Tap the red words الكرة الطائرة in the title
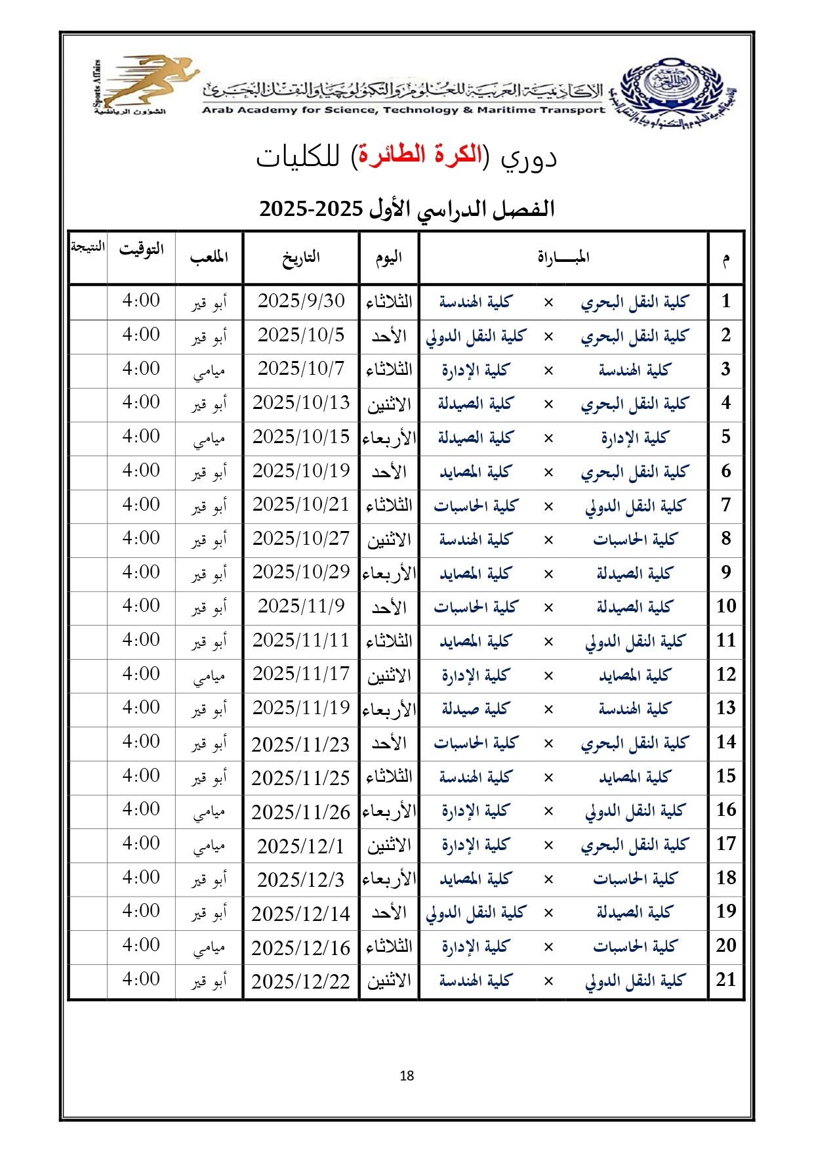click(417, 155)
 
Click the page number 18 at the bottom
click(407, 1075)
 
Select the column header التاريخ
click(300, 257)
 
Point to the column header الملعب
click(209, 257)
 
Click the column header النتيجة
click(88, 247)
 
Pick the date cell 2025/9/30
click(300, 301)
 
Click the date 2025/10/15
click(300, 437)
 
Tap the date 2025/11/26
click(300, 812)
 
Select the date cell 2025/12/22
click(300, 981)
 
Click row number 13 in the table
click(725, 708)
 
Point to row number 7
click(725, 505)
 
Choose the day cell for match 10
click(389, 607)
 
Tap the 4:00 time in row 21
click(141, 979)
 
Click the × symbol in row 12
click(548, 675)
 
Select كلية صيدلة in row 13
click(475, 709)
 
